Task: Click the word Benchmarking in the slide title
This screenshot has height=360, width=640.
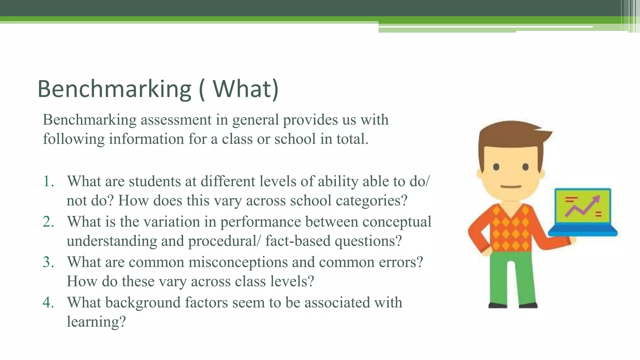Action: (114, 89)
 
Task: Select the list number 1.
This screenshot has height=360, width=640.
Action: (48, 182)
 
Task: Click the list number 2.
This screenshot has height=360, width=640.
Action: (48, 222)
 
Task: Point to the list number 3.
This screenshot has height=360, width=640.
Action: (48, 262)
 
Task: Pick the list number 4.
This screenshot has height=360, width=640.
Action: (48, 302)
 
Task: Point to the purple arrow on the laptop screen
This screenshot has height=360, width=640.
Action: (583, 207)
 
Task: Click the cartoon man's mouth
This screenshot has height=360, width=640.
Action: (511, 187)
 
